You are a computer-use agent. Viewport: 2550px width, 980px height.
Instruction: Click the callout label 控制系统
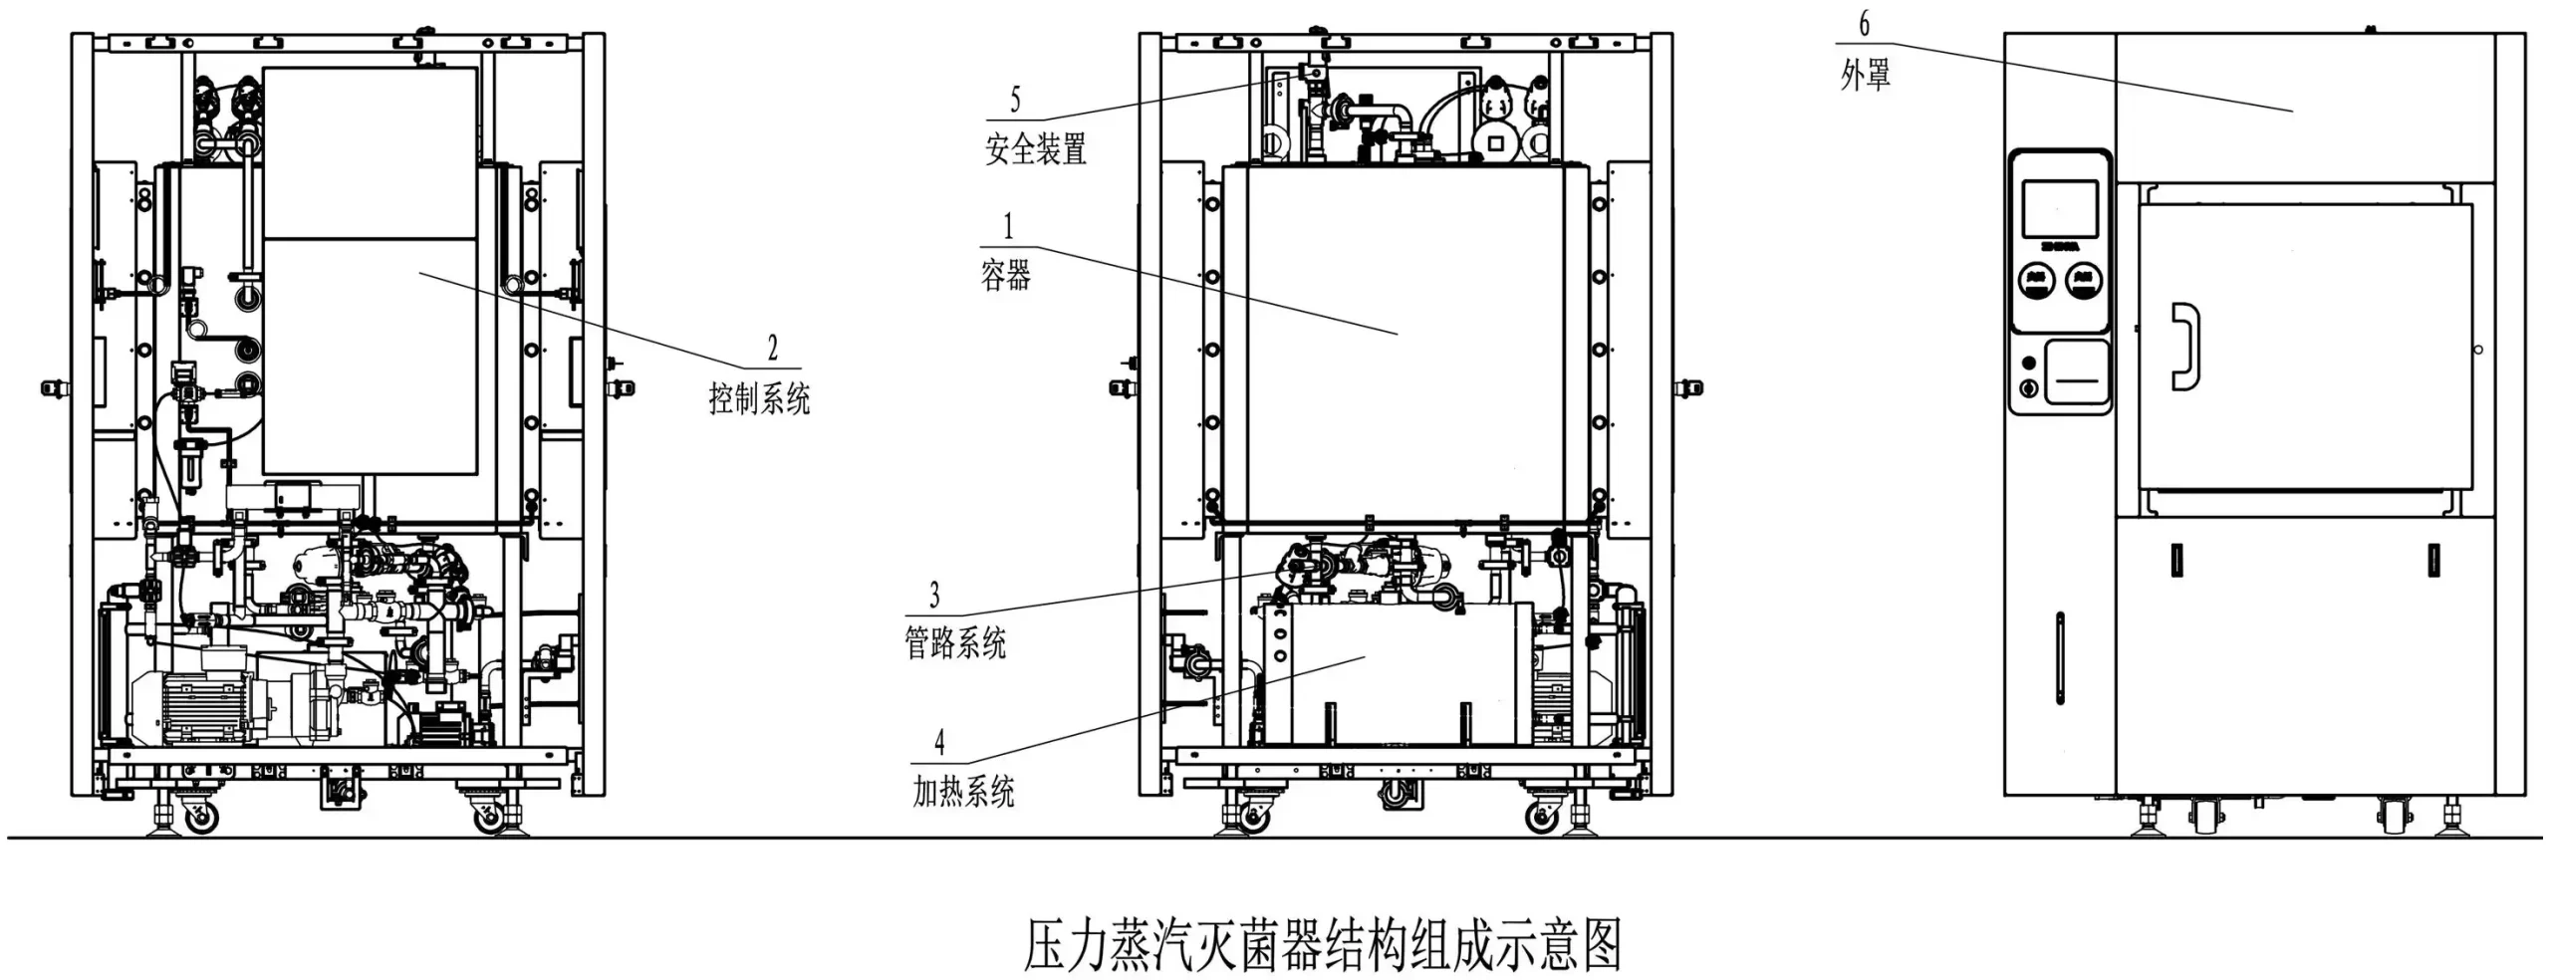[x=759, y=398]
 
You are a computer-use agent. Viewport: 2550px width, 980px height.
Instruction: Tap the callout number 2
[x=772, y=348]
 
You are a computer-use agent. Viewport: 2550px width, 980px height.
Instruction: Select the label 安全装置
[x=1035, y=149]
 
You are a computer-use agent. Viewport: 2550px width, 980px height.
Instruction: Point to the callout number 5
[x=1015, y=100]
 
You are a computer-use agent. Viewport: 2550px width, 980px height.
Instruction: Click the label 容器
[x=1005, y=275]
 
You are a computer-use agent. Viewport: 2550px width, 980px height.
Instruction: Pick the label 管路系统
[x=954, y=642]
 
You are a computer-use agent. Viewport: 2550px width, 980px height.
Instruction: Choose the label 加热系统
[x=962, y=792]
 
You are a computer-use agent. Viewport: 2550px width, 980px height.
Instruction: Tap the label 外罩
[x=1865, y=75]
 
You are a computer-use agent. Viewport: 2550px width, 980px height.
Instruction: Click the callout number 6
[x=1864, y=24]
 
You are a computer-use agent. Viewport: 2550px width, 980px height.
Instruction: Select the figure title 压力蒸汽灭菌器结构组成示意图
[x=1323, y=944]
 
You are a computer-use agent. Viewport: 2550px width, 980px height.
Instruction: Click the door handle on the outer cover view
[x=2184, y=346]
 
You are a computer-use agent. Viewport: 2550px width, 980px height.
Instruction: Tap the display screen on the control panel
[x=2060, y=210]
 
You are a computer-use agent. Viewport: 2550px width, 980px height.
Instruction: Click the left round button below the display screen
[x=2036, y=280]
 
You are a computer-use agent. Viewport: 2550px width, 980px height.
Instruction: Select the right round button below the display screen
[x=2084, y=280]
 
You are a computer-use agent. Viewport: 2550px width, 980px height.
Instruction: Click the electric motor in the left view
[x=199, y=704]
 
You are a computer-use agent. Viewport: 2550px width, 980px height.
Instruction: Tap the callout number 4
[x=938, y=742]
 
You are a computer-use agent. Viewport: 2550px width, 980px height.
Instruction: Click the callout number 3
[x=933, y=595]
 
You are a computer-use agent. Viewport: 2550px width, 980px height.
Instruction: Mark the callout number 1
[x=1007, y=226]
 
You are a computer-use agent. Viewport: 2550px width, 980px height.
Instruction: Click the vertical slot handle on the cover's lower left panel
[x=2059, y=658]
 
